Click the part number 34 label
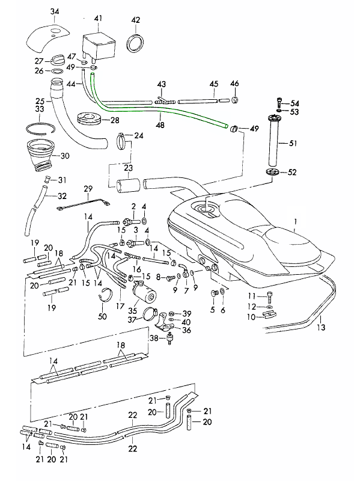(x=55, y=11)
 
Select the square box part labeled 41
(x=99, y=46)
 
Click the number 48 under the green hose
(x=160, y=125)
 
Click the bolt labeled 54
(x=279, y=101)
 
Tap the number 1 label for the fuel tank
(x=295, y=221)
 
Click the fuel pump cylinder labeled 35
(x=144, y=292)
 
